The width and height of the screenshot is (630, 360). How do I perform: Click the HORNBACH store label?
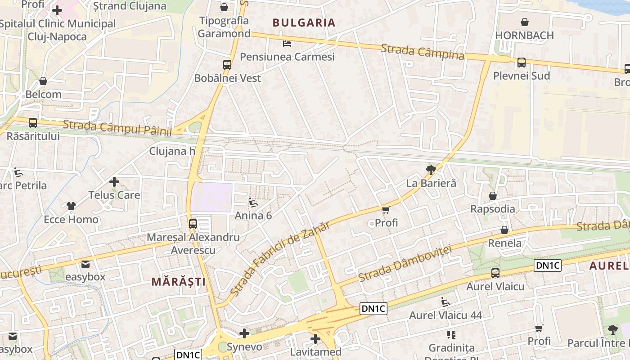pos(524,35)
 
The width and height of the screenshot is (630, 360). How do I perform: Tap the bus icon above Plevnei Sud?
pos(521,63)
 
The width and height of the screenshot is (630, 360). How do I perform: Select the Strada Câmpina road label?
pos(422,52)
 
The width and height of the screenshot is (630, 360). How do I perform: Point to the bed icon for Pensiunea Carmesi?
pos(287,44)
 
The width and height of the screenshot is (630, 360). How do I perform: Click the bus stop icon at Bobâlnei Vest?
pos(227,64)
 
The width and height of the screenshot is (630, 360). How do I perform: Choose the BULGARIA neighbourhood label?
pos(304,22)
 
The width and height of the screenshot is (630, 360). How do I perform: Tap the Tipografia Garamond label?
pos(224,27)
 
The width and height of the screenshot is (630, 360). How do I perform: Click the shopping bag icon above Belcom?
pos(43,81)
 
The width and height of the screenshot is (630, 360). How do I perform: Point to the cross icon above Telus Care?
pos(114,182)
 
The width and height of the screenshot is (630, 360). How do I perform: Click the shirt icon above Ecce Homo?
pos(71,206)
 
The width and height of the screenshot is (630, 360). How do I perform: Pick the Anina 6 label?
pos(253,216)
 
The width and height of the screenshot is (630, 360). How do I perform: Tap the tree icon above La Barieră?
pos(431,170)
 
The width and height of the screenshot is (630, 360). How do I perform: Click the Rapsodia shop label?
pos(492,209)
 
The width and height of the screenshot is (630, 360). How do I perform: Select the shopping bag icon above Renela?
pos(504,230)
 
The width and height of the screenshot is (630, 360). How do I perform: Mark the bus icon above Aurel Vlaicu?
pos(495,273)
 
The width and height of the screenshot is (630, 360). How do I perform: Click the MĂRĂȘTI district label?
pos(178,282)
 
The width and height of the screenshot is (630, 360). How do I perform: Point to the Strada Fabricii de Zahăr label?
pos(280,259)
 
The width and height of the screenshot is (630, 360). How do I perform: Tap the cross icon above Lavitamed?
pos(315,338)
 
